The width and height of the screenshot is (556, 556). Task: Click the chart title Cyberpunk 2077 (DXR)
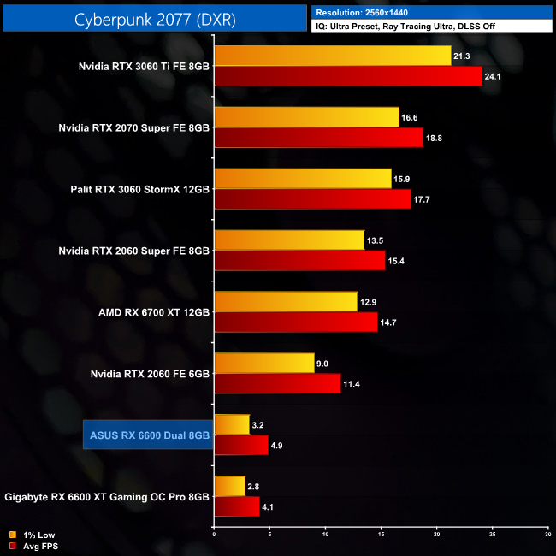154,17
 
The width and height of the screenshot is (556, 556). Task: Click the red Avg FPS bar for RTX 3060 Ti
347,76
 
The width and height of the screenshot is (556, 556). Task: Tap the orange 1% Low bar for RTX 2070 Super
306,117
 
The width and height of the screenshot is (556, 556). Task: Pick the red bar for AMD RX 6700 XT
295,322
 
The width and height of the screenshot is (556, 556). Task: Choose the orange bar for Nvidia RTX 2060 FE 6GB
264,364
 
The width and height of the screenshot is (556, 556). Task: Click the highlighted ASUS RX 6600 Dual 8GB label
149,435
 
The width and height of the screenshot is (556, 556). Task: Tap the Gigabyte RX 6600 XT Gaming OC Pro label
107,497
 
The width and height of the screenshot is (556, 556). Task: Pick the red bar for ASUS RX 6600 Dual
240,446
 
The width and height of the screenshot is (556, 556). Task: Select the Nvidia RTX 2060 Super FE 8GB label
133,251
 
